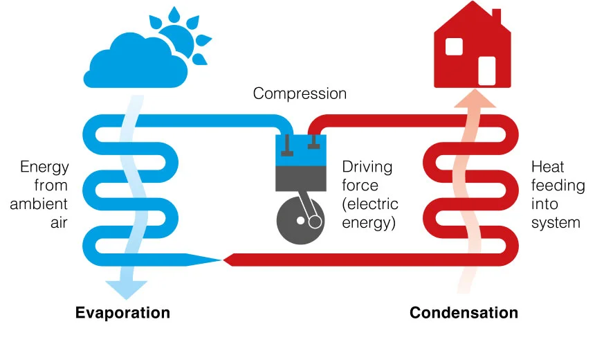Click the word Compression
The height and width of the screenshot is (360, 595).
pos(300,93)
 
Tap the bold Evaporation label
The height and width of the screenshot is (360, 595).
pos(122,313)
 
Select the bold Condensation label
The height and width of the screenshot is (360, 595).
pos(464,313)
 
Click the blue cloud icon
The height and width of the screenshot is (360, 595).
pos(136,63)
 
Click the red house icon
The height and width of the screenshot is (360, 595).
pos(473,48)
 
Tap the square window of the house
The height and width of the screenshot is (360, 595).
pos(454,46)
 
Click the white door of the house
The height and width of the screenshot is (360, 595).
pos(487,71)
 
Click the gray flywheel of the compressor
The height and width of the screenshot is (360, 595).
pos(300,221)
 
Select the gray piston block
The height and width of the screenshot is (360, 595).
pos(300,179)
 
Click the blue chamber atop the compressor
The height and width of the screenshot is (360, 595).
pos(300,150)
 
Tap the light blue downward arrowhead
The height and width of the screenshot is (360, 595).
pos(127,289)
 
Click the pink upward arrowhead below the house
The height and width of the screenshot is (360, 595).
pos(475,99)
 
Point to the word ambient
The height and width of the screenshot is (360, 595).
pos(39,204)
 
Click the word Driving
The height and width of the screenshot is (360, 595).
pos(367,168)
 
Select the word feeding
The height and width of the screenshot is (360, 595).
pos(558,186)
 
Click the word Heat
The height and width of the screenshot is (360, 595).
pos(547,167)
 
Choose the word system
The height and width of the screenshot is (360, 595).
pos(556,224)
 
